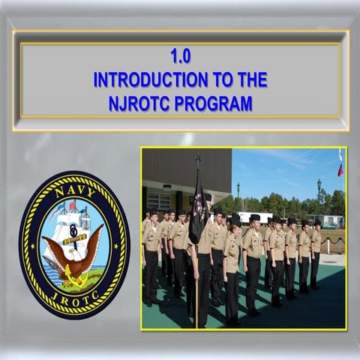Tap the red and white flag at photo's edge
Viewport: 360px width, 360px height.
click(x=340, y=165)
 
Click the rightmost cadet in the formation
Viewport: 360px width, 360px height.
click(x=316, y=251)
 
